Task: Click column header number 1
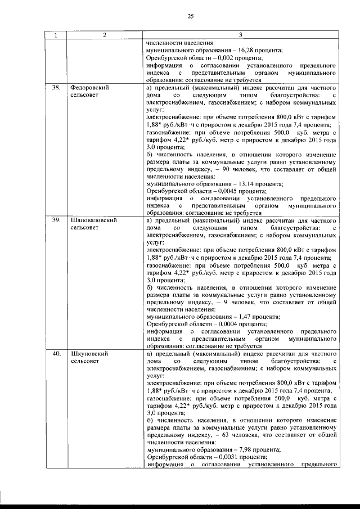click(55, 35)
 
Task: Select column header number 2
click(105, 35)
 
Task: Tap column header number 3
click(240, 35)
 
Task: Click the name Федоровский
click(89, 88)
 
